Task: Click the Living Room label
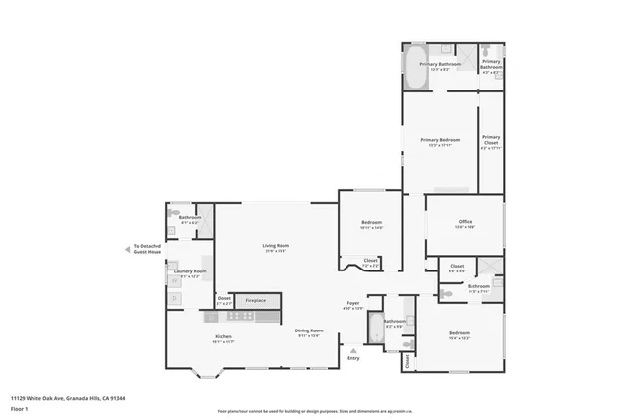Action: pos(275,246)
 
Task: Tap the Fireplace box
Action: pos(256,299)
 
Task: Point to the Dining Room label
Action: pos(308,332)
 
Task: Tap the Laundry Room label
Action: pos(190,272)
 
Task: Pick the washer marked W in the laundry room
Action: pos(174,281)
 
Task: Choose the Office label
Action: pos(465,223)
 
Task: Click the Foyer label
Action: pos(351,305)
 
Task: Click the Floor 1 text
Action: pos(19,408)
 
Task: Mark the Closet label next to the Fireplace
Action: pos(223,299)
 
